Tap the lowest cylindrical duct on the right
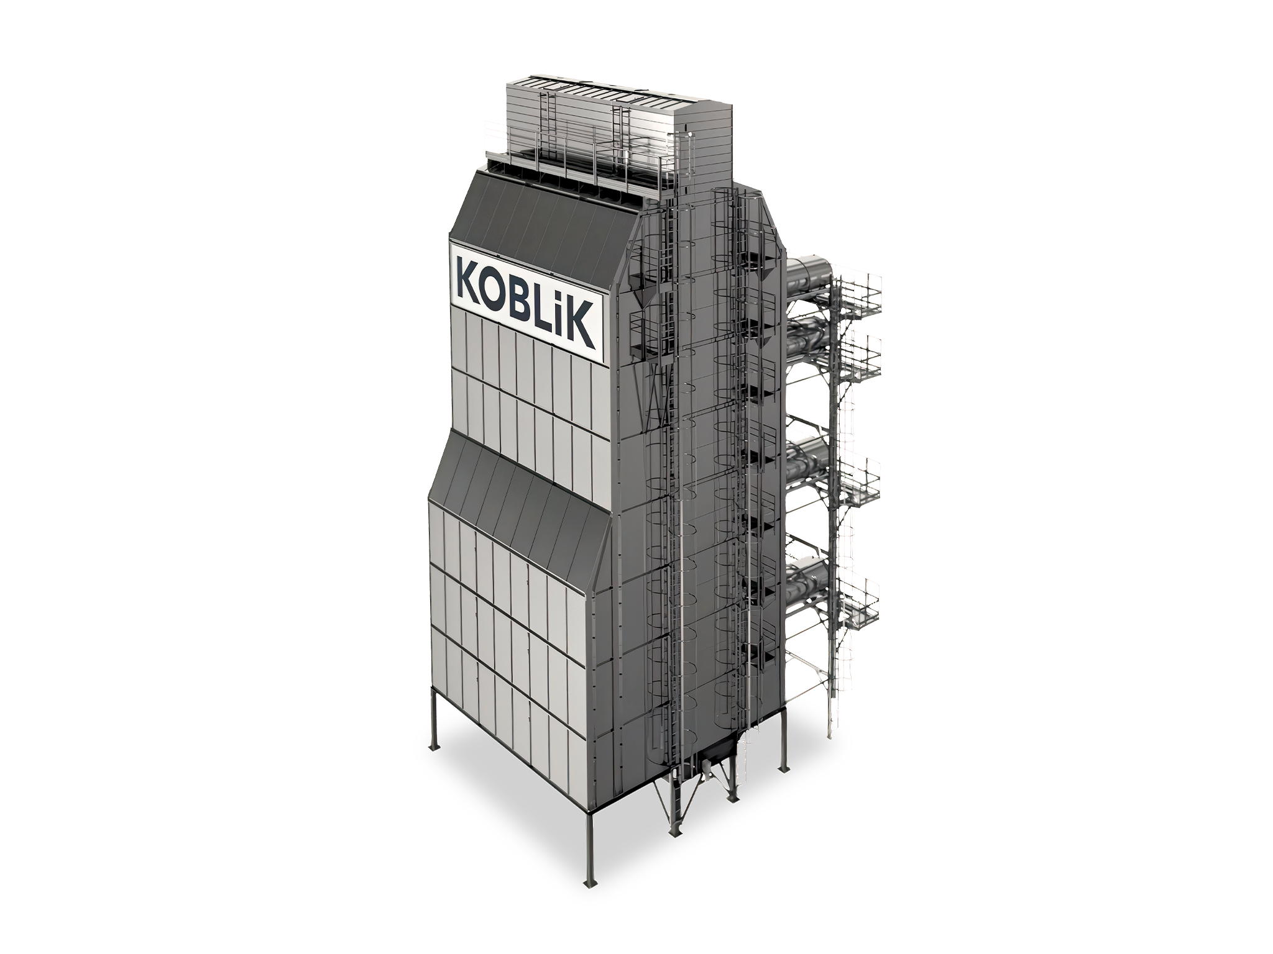[x=809, y=580]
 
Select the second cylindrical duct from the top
[x=809, y=339]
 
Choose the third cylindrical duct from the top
[x=809, y=460]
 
